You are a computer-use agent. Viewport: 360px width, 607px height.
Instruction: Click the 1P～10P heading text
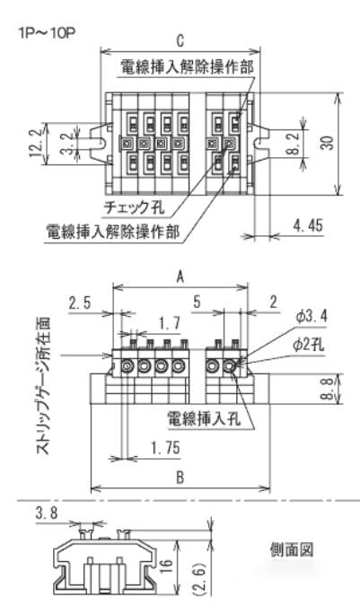pos(47,32)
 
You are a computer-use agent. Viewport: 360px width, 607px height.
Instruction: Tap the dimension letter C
pos(180,41)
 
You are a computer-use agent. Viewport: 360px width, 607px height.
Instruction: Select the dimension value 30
pos(327,143)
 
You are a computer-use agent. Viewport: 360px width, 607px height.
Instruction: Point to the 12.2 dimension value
pos(36,143)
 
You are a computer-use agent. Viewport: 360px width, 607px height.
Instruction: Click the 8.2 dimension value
pos(294,143)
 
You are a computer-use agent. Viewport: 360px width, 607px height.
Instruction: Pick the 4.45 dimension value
pos(308,224)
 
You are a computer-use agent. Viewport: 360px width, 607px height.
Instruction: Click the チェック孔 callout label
pos(135,207)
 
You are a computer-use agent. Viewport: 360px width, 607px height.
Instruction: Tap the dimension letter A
pos(180,277)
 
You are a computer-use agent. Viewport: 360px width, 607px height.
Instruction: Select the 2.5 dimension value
pos(80,303)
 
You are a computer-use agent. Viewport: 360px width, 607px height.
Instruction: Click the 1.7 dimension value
pos(170,322)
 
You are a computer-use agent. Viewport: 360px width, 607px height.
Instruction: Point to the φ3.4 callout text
pos(312,316)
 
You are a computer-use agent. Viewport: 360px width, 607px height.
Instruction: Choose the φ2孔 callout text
pos(309,344)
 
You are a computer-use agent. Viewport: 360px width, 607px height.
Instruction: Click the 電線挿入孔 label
pos(204,418)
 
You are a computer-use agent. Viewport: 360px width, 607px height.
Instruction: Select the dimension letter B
pos(180,478)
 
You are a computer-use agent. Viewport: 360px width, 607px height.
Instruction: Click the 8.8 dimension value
pos(327,389)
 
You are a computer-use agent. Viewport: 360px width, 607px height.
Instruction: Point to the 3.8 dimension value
pos(47,514)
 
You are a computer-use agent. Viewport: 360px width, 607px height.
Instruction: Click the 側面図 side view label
pos(292,550)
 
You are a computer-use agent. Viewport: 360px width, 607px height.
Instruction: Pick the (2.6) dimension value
pos(198,579)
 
